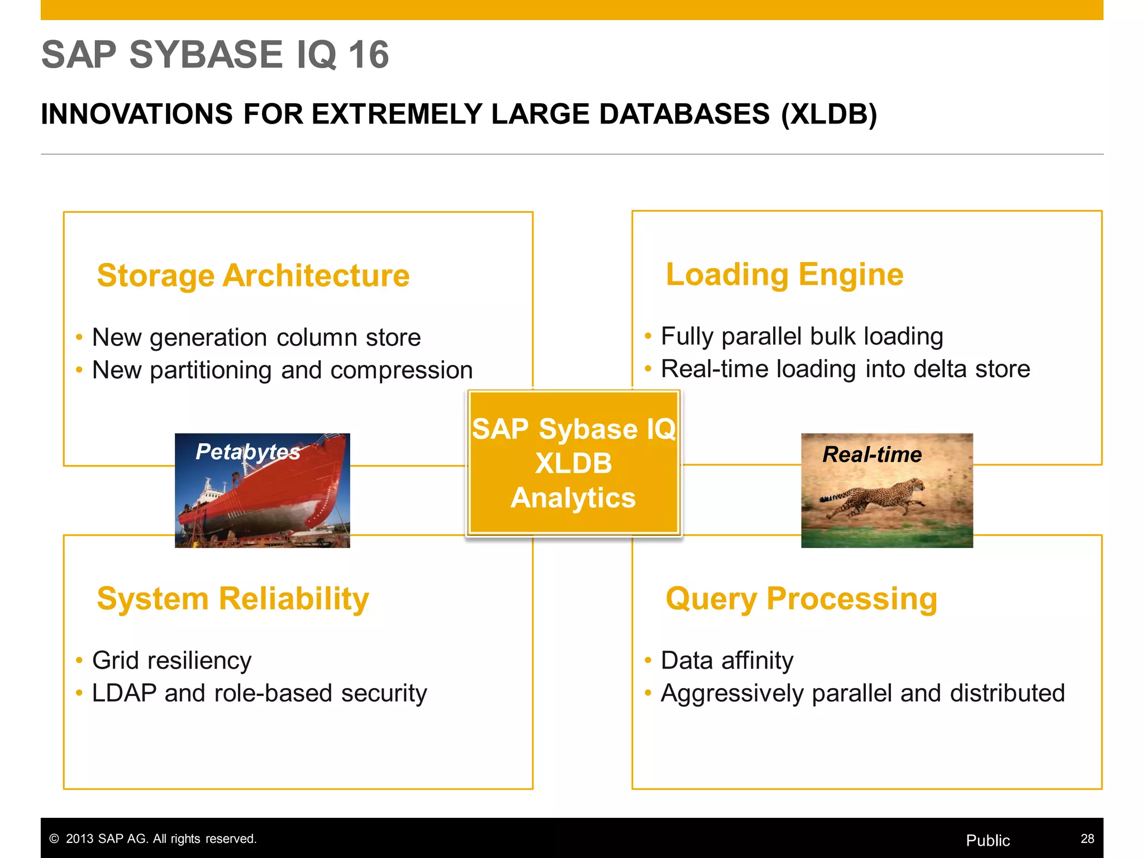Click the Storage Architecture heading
tap(253, 276)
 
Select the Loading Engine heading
tap(784, 275)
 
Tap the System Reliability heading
tap(233, 599)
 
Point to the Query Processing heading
tap(801, 599)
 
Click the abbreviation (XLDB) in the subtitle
tap(829, 115)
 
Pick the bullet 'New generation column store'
tap(256, 337)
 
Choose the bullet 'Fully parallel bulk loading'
tap(802, 336)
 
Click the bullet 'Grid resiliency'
tap(171, 660)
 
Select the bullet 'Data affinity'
tap(727, 660)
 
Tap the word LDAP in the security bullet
tap(124, 693)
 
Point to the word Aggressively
tap(732, 693)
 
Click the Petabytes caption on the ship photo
tap(247, 451)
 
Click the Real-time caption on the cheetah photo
tap(871, 454)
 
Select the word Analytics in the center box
tap(573, 498)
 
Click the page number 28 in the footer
tap(1087, 838)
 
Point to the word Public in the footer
tap(988, 840)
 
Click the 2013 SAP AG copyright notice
tap(153, 838)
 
